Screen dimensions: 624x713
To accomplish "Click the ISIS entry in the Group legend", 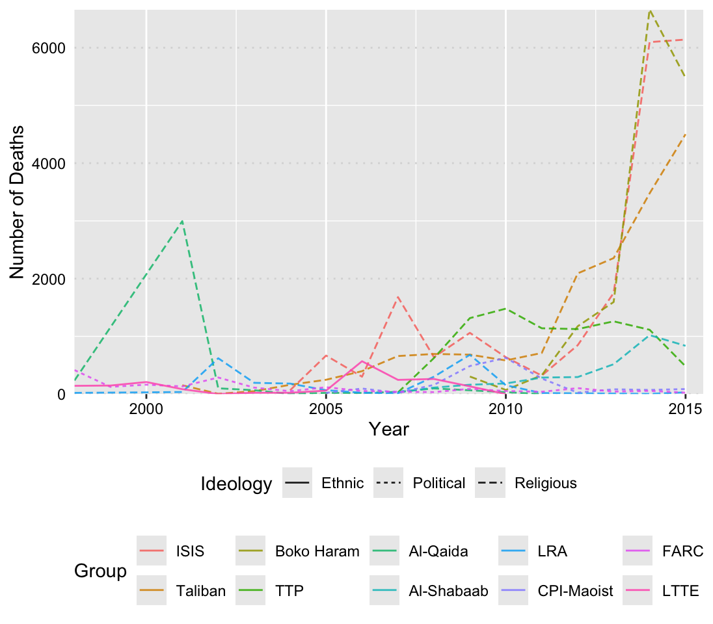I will (190, 552).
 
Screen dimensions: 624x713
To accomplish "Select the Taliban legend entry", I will (201, 591).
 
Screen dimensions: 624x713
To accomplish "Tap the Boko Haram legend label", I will (317, 552).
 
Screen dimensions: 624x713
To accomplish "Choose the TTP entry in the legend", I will (289, 591).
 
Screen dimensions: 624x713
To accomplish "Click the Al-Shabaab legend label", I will (448, 591).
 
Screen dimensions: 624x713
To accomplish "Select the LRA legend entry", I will (552, 552).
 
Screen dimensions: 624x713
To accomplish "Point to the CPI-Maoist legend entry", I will (575, 591).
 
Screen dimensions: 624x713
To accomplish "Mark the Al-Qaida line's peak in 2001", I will (182, 221).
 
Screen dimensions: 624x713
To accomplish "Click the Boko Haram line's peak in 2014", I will (650, 10).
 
